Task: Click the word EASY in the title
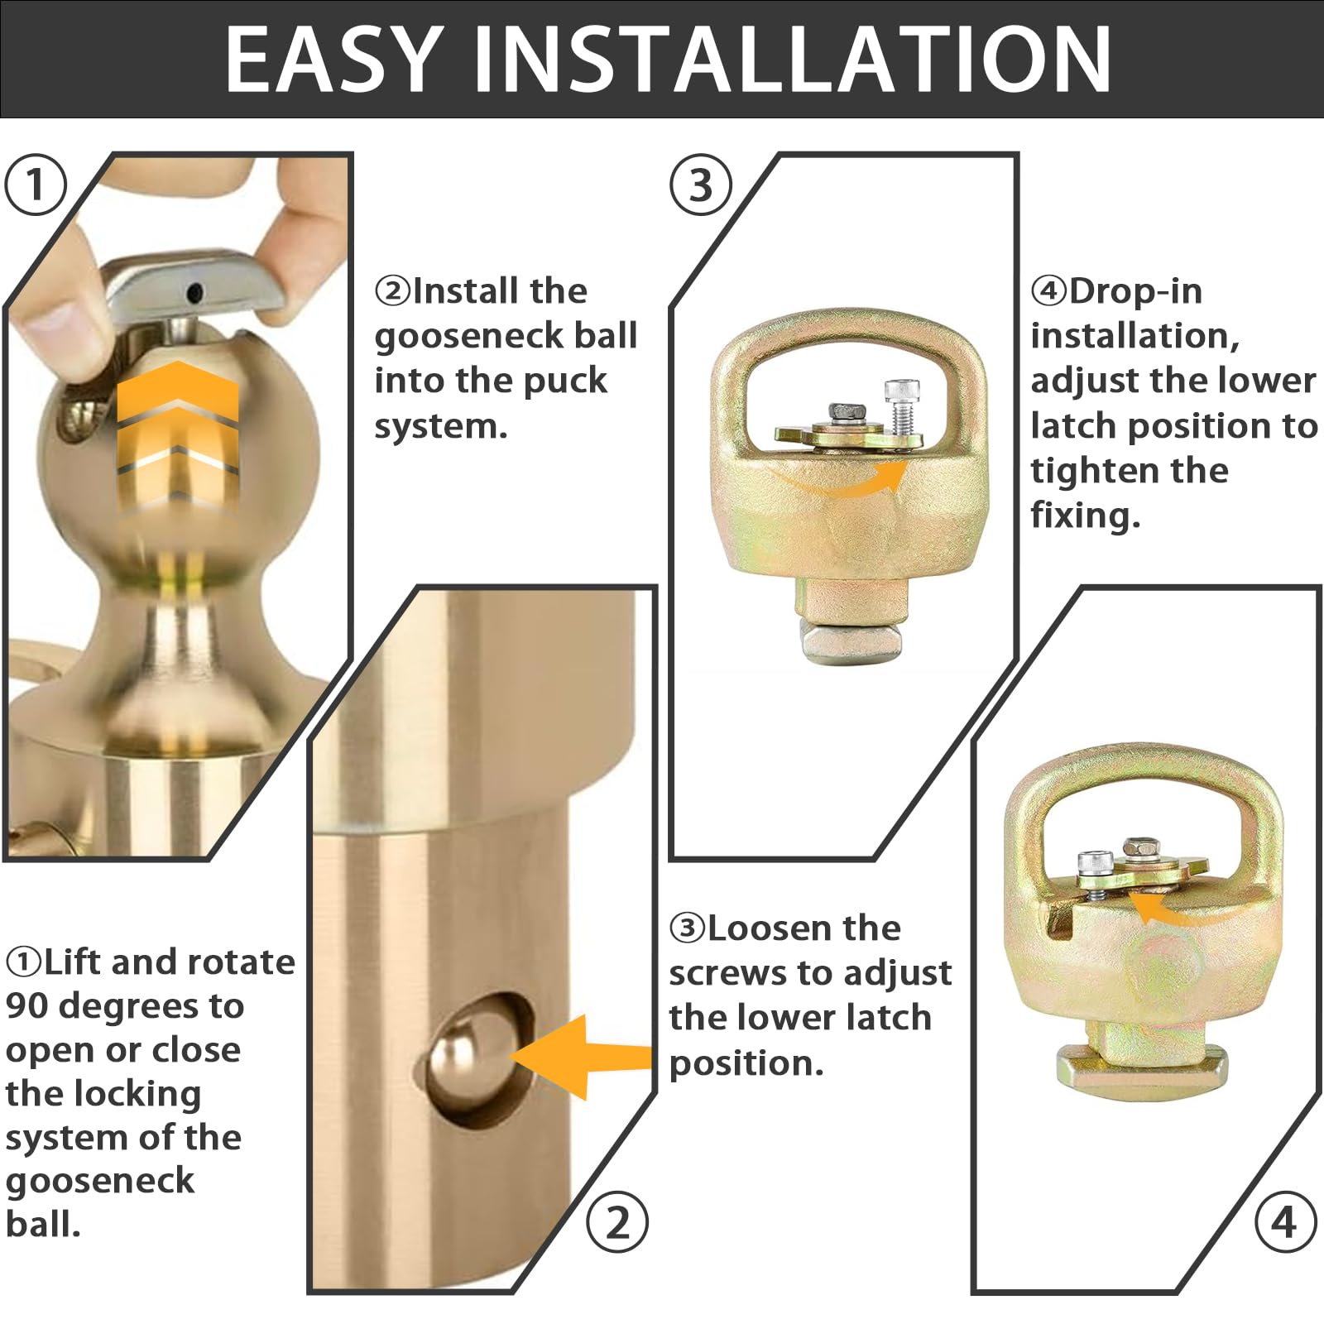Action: [334, 59]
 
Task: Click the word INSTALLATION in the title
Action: [792, 59]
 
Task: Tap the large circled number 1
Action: [35, 185]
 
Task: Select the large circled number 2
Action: [617, 1223]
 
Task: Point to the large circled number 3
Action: [700, 185]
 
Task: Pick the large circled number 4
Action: [1285, 1223]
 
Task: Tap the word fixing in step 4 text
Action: [1085, 516]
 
